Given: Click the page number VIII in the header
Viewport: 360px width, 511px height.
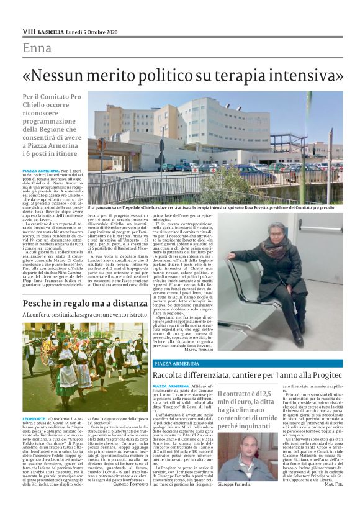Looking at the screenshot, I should pos(29,30).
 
